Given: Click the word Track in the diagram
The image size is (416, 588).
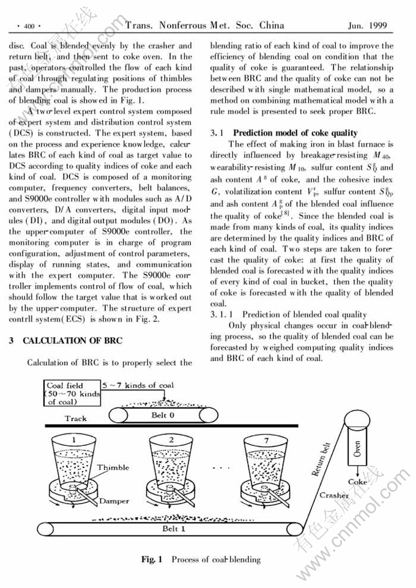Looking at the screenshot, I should pyautogui.click(x=76, y=419).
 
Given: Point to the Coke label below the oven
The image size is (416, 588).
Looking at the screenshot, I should pyautogui.click(x=357, y=482).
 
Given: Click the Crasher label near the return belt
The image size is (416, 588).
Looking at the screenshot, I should pyautogui.click(x=333, y=495).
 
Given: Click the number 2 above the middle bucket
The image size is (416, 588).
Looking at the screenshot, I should pyautogui.click(x=171, y=439).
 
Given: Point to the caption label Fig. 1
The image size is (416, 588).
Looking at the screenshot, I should pyautogui.click(x=152, y=559).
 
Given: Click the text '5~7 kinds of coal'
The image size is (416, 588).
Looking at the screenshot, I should pyautogui.click(x=139, y=385).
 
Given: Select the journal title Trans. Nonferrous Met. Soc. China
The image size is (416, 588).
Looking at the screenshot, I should pyautogui.click(x=205, y=26).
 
